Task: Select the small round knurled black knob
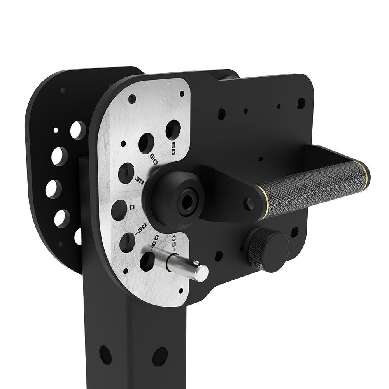[x=268, y=249]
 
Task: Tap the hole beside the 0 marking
[x=119, y=210]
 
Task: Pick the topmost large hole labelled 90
[x=173, y=130]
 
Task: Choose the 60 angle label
[x=154, y=159]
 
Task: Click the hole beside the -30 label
[x=127, y=242]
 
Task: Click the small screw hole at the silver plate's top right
[x=182, y=94]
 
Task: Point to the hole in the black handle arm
[x=248, y=203]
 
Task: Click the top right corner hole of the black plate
[x=301, y=103]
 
